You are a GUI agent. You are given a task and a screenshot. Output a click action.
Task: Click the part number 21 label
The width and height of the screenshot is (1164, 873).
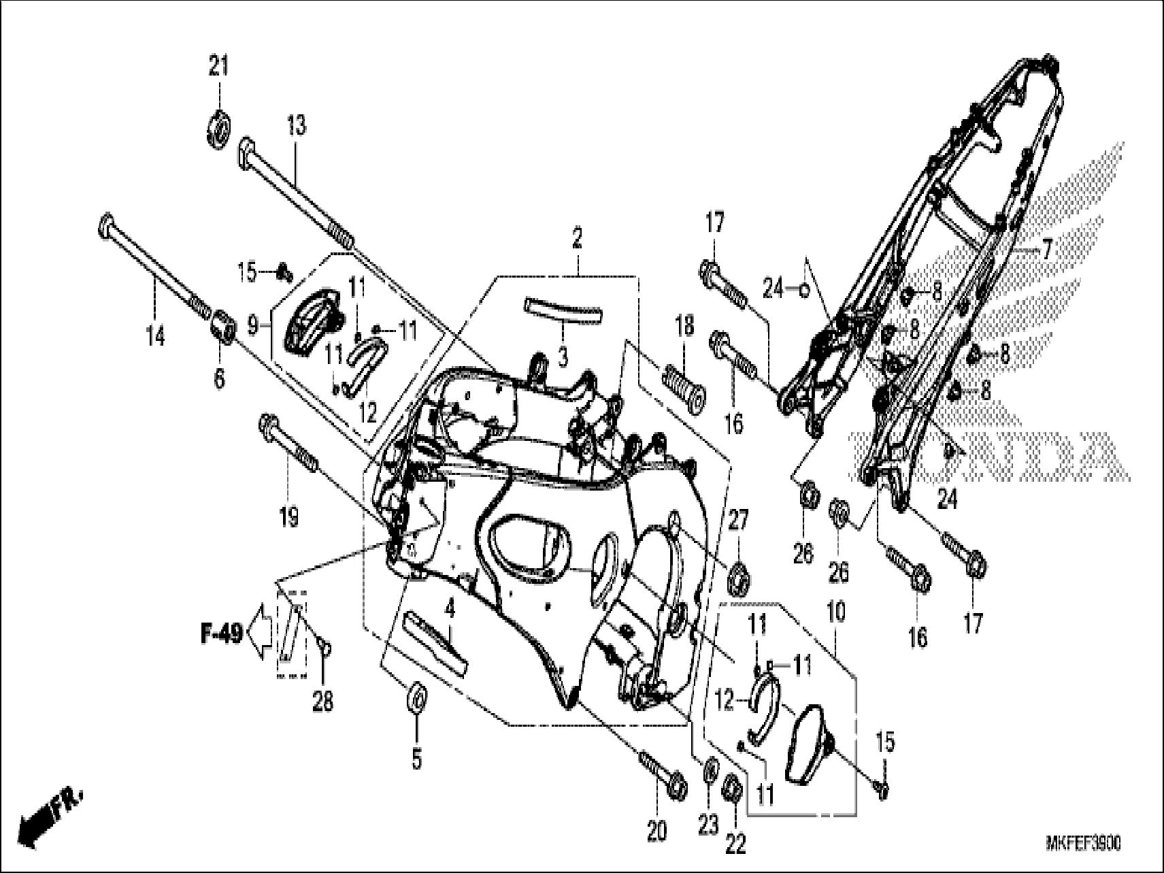tap(218, 67)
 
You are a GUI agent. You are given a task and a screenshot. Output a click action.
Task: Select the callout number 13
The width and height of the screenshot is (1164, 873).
tap(296, 127)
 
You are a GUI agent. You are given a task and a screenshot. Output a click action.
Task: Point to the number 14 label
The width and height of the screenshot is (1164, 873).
tap(156, 335)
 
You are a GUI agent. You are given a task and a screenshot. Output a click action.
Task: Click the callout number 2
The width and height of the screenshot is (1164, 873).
tap(577, 240)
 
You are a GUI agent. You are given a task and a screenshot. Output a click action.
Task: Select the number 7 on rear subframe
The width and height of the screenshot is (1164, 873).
tap(1046, 250)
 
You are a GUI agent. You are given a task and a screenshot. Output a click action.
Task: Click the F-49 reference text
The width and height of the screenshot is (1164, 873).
tap(221, 636)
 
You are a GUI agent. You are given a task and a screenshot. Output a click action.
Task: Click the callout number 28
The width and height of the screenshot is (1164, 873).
tap(322, 701)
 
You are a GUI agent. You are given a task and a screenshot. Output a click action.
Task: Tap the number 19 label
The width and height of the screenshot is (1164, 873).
tap(288, 518)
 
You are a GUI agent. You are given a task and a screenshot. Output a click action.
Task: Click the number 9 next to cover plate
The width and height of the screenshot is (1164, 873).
tap(254, 327)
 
